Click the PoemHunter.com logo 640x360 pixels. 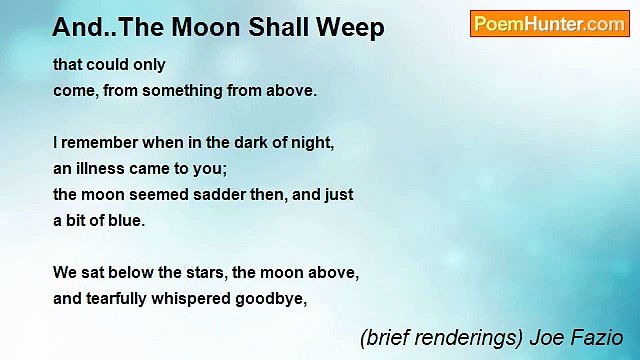pyautogui.click(x=549, y=24)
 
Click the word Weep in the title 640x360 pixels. pyautogui.click(x=353, y=28)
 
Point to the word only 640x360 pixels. pyautogui.click(x=148, y=65)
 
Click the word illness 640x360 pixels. pyautogui.click(x=101, y=169)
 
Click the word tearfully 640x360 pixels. pyautogui.click(x=122, y=299)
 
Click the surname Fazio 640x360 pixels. pyautogui.click(x=597, y=338)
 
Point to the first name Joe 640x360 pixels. pyautogui.click(x=545, y=338)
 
